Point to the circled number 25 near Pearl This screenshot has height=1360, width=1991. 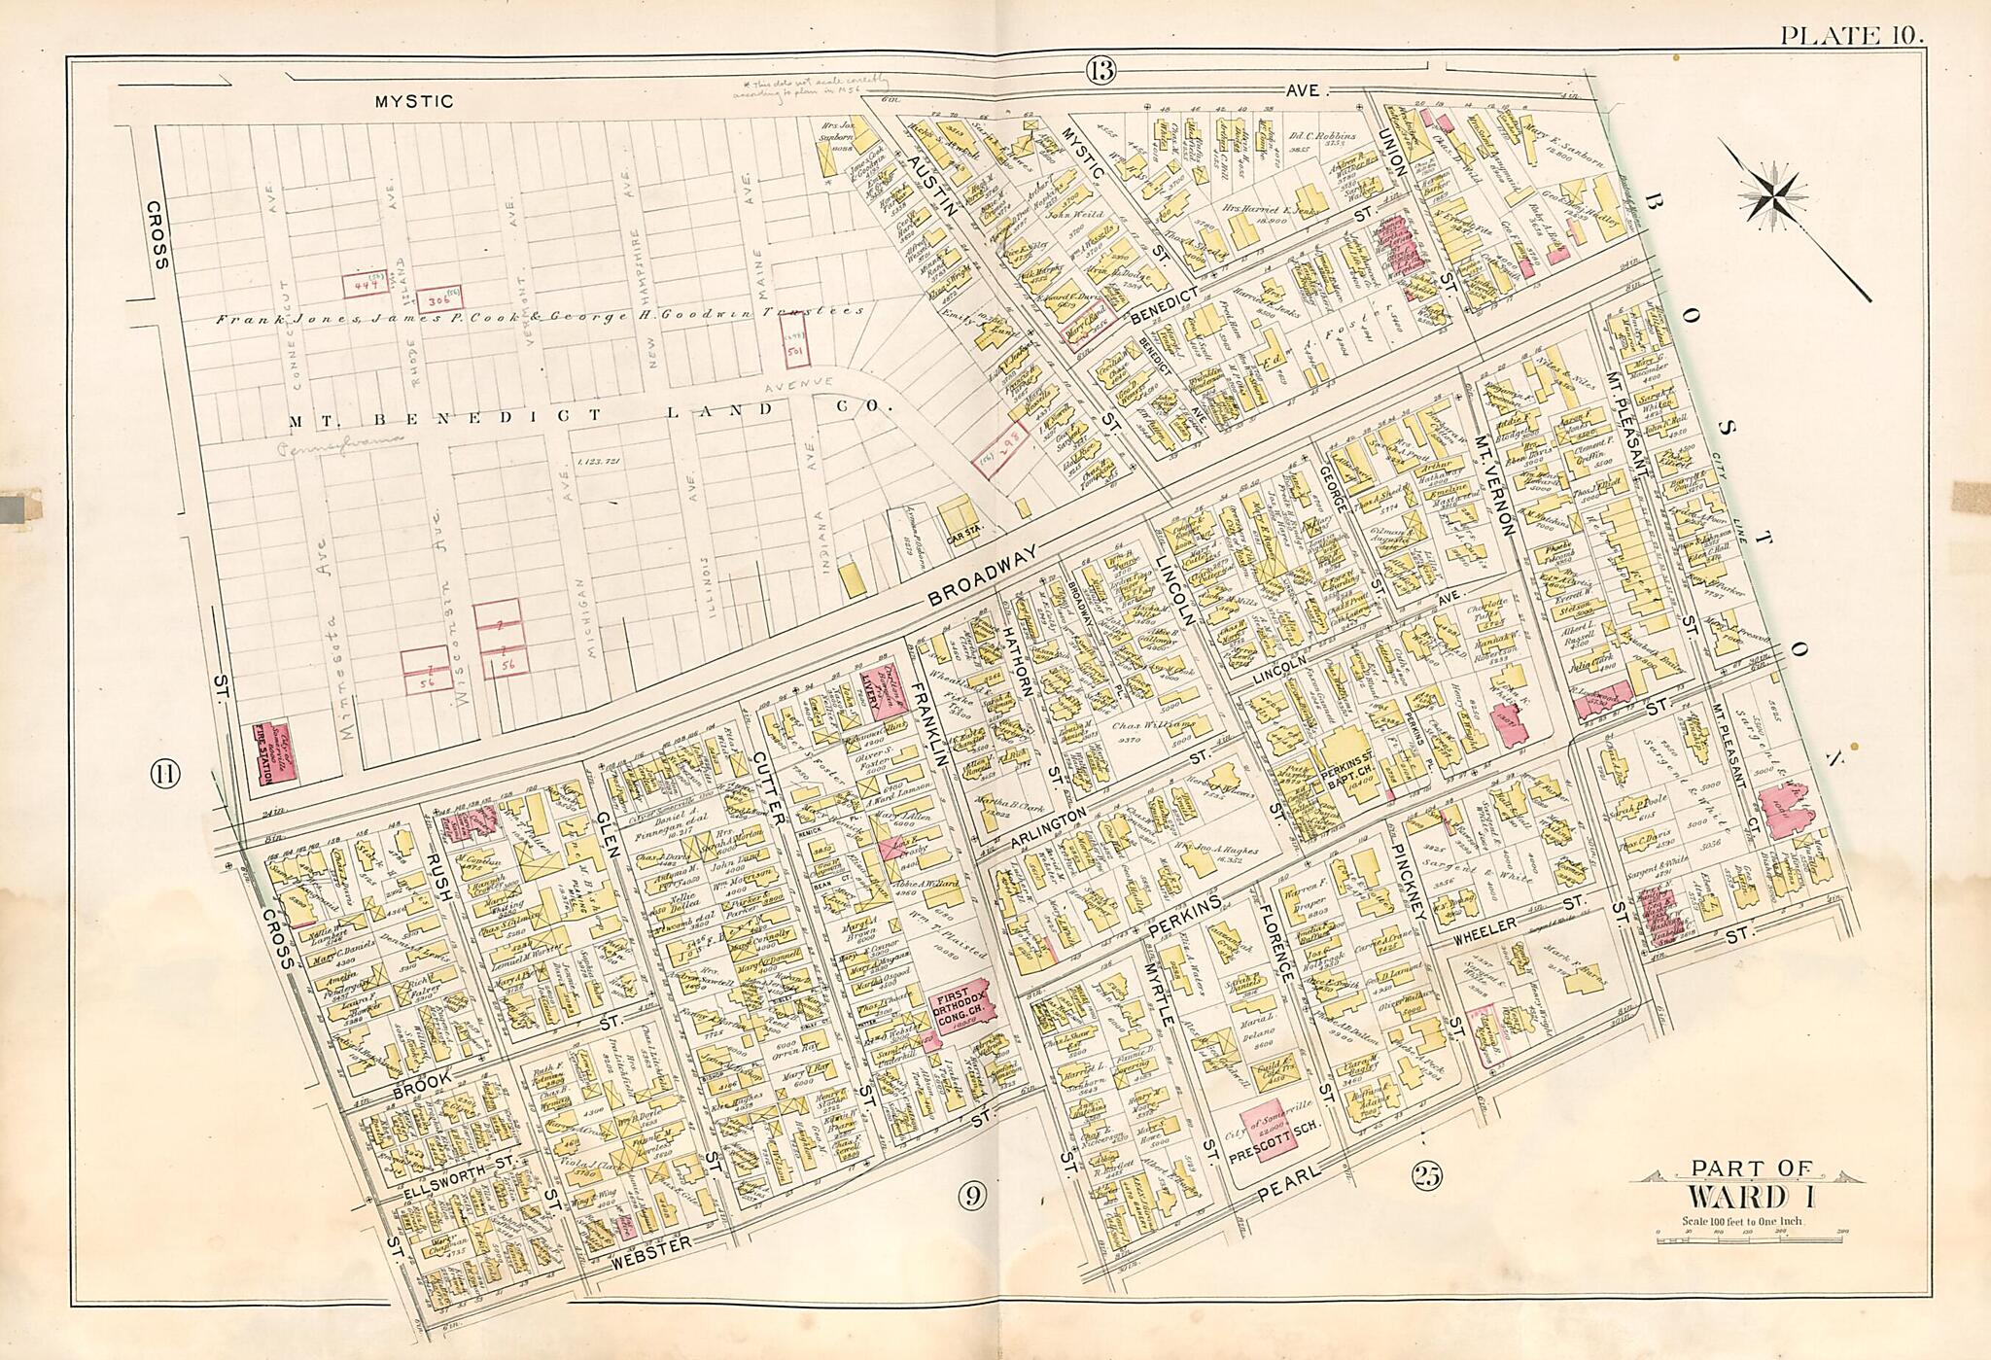coord(1427,1176)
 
